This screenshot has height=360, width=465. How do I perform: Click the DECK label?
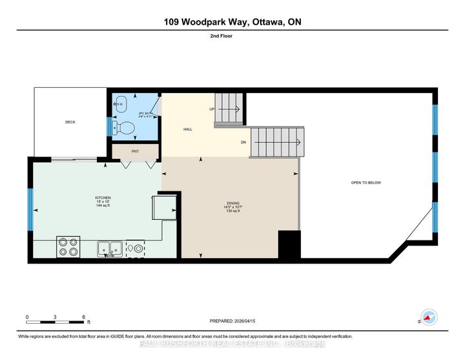[x=70, y=122]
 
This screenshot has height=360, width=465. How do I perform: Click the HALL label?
[x=188, y=129]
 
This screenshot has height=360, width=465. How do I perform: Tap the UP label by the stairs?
[x=211, y=109]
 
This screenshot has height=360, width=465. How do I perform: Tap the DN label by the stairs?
[x=243, y=142]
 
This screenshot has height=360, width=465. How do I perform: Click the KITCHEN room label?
[x=103, y=197]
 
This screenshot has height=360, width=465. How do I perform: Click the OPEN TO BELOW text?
[x=366, y=183]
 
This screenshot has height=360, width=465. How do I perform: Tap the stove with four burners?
[x=68, y=248]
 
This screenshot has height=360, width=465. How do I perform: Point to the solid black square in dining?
[x=289, y=244]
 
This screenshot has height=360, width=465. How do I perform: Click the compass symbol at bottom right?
[x=428, y=317]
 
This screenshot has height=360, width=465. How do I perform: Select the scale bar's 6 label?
[x=84, y=317]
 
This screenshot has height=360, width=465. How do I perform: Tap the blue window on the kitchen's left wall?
[x=30, y=209]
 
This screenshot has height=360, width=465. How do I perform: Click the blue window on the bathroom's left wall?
[x=108, y=127]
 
